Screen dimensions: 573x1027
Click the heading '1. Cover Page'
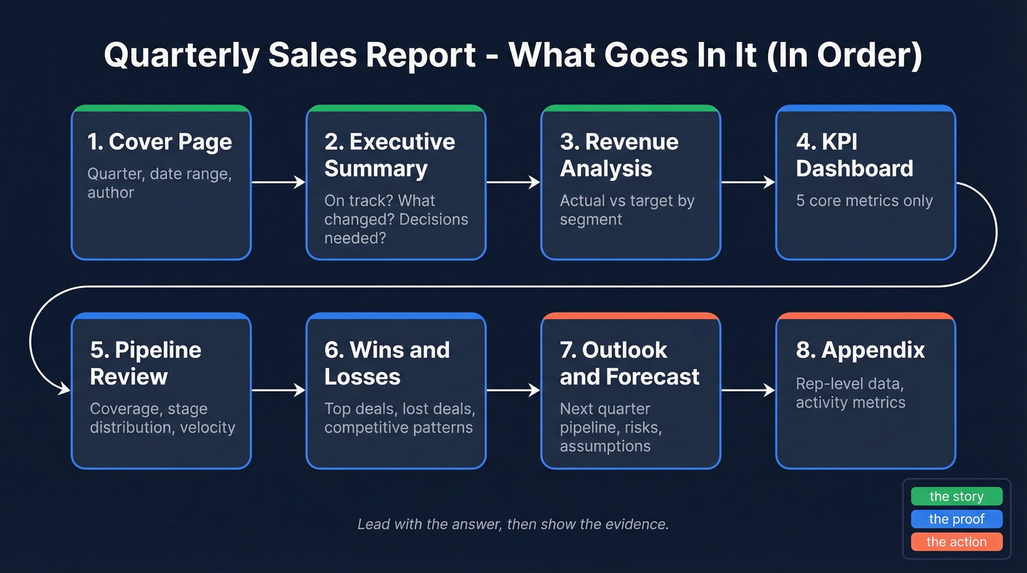coord(160,142)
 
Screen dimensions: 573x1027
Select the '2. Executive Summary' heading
coord(390,155)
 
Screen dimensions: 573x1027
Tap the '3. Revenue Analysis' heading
coord(619,155)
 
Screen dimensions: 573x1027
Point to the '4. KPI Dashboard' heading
coord(855,155)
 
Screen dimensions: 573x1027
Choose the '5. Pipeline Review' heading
coord(145,363)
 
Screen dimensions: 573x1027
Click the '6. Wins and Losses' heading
coord(387,363)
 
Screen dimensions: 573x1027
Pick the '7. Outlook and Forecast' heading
coord(629,363)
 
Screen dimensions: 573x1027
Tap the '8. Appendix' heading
coord(860,350)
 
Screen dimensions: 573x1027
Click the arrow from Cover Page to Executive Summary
coord(279,182)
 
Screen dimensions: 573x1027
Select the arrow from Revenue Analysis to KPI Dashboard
coord(748,182)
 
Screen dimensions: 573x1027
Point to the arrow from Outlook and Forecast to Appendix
coord(748,390)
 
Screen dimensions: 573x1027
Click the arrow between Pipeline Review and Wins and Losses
coord(279,390)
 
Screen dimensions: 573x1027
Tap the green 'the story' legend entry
coord(956,497)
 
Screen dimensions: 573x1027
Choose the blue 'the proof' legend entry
coord(956,519)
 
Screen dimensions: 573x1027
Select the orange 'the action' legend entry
coord(956,542)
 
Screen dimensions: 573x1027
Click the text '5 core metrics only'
coord(864,201)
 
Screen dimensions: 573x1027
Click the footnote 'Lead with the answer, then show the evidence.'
coord(513,525)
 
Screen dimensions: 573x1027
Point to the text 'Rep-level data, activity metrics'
coord(851,393)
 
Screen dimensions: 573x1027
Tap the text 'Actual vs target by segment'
coord(627,210)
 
